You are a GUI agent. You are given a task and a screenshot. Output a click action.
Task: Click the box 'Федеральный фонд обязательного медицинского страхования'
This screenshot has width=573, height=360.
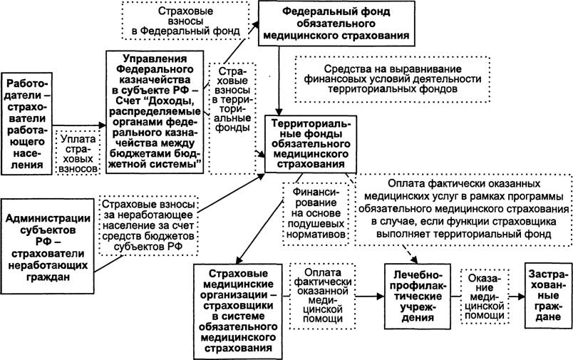coord(336,24)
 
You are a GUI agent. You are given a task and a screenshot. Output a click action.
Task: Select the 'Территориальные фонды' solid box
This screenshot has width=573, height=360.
coord(311,144)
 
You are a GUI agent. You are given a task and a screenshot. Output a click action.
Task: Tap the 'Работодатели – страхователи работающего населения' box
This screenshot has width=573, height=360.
coord(26,123)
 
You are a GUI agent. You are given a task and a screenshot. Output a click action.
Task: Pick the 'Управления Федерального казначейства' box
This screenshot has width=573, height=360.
coord(155,112)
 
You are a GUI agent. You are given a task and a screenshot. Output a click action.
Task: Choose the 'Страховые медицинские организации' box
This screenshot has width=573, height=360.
coord(238,311)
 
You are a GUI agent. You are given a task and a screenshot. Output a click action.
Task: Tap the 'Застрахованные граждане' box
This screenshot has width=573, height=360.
coord(549,295)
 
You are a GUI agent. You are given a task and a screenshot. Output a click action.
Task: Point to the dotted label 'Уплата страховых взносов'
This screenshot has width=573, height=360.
coord(78,153)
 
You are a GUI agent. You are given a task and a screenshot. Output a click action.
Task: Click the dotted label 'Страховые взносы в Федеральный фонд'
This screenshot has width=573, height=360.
coord(185,21)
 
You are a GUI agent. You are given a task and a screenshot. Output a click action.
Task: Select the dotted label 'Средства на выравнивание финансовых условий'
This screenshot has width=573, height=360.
coord(393,79)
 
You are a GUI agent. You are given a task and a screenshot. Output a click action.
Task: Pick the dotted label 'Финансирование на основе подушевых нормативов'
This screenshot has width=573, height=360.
coord(316,212)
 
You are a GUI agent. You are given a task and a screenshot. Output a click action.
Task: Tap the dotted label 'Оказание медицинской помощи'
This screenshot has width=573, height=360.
coord(485,297)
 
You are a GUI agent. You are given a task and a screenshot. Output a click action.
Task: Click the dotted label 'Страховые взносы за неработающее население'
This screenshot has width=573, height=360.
coord(148,225)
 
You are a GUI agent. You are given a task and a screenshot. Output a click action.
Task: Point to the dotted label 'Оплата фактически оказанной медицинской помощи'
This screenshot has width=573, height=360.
coord(323,296)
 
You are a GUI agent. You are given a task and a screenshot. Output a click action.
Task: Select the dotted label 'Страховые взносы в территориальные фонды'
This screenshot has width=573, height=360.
coord(232,118)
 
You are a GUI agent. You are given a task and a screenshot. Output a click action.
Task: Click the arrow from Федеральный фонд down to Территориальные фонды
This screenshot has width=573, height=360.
coord(279,81)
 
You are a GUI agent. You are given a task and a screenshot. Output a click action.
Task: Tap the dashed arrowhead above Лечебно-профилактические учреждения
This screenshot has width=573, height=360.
coord(414,259)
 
